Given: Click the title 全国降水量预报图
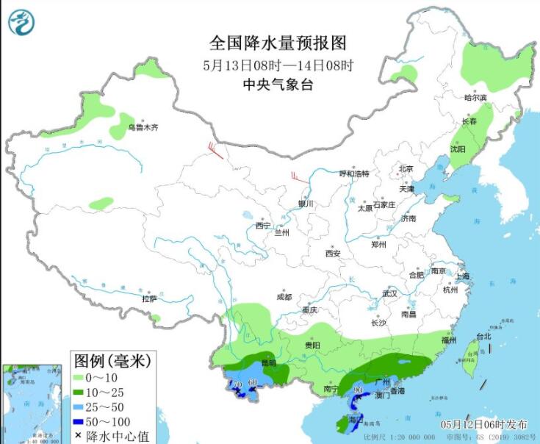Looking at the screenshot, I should (278, 43).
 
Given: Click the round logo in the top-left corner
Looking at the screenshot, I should (21, 22).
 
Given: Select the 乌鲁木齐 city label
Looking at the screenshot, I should (143, 127).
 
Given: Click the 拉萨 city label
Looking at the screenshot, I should (149, 299).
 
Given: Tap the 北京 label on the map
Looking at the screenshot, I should (405, 168).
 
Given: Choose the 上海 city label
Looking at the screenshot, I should (462, 276).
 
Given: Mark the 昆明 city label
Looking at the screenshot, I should (269, 363).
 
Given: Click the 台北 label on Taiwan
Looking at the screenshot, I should (483, 337).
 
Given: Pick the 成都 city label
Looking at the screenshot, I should (284, 297).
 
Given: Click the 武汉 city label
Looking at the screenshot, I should (389, 293).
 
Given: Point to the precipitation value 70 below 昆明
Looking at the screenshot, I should (237, 384).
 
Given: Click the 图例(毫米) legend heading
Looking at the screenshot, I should (112, 360).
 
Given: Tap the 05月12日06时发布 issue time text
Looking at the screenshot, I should (483, 425).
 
